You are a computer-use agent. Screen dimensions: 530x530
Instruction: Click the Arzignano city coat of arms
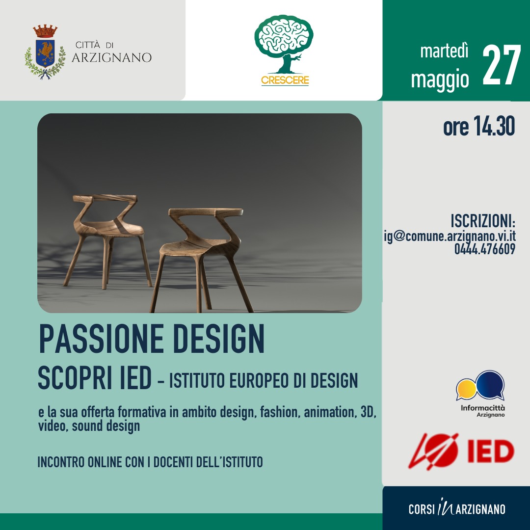click(45, 52)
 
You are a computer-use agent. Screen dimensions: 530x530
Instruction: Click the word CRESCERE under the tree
click(285, 80)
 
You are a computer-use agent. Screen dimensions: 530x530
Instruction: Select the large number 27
click(501, 65)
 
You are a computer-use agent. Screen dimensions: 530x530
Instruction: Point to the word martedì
click(444, 52)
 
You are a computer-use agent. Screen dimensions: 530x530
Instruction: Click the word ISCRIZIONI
click(482, 221)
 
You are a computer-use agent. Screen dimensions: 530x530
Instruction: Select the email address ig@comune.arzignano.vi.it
click(450, 236)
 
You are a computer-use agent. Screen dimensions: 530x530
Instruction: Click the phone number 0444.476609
click(485, 249)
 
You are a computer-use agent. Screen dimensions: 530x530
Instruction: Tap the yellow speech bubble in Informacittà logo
click(467, 389)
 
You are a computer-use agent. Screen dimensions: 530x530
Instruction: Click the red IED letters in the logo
click(491, 451)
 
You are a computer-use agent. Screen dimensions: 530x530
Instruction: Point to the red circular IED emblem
click(434, 451)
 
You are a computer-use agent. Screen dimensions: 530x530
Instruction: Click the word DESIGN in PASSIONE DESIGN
click(219, 339)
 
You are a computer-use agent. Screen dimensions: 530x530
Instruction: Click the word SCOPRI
click(74, 378)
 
